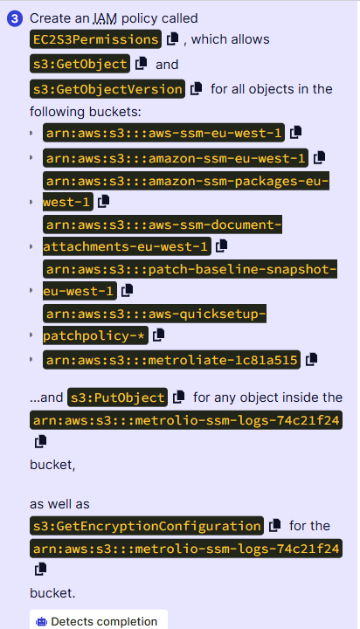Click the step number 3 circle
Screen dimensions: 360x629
[x=15, y=19]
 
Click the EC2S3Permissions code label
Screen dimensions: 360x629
[x=95, y=39]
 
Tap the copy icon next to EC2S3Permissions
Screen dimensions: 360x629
[x=173, y=38]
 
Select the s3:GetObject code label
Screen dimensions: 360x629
[x=80, y=64]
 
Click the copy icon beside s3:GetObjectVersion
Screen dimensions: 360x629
[x=197, y=88]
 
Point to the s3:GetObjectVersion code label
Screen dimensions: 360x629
[x=107, y=88]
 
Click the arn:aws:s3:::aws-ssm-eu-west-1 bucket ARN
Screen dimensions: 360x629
[x=163, y=133]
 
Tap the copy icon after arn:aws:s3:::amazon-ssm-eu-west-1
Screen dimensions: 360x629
[x=320, y=157]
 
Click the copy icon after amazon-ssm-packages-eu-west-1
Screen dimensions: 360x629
[x=104, y=201]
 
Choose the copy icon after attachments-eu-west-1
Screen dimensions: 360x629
[x=222, y=245]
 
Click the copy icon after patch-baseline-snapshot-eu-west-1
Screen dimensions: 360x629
[x=128, y=290]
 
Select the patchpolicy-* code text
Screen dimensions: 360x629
[x=95, y=335]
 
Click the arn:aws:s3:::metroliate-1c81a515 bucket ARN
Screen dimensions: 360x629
[x=171, y=360]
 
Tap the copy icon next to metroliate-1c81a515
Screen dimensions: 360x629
[x=311, y=359]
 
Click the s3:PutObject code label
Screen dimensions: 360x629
[x=118, y=397]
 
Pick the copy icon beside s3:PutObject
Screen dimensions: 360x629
[x=178, y=397]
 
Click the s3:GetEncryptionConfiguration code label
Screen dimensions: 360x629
[x=147, y=526]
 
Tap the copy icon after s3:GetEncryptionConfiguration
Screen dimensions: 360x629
[x=275, y=525]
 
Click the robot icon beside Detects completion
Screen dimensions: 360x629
[x=41, y=622]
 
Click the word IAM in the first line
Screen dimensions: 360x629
[x=105, y=18]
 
